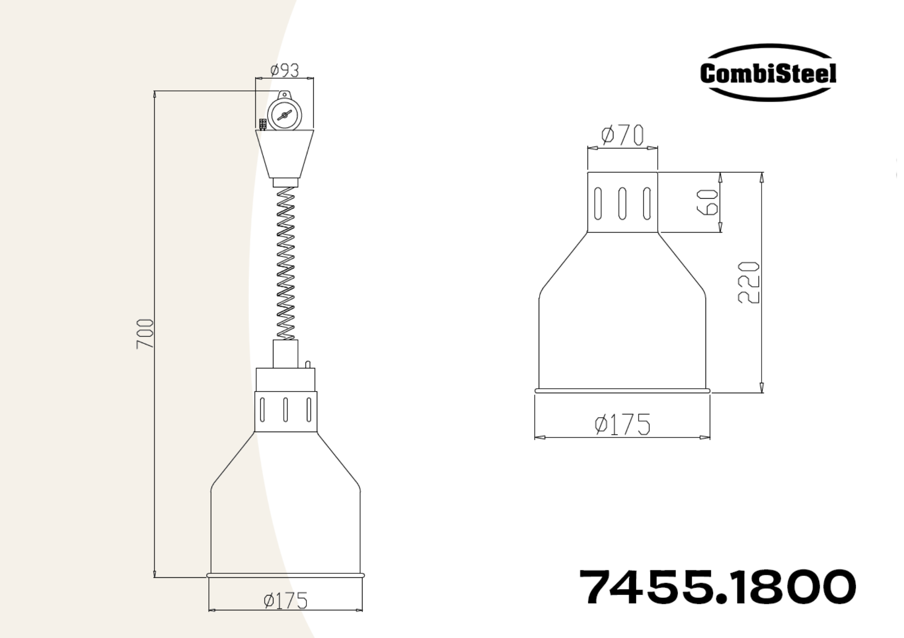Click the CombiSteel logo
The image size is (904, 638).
pyautogui.click(x=768, y=72)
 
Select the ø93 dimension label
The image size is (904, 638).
pyautogui.click(x=284, y=71)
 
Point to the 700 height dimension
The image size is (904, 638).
pyautogui.click(x=145, y=334)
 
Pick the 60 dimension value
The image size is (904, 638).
pyautogui.click(x=708, y=202)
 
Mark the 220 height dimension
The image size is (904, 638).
pyautogui.click(x=749, y=282)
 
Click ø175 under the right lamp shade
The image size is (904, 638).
pyautogui.click(x=622, y=424)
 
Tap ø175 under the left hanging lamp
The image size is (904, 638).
pyautogui.click(x=286, y=601)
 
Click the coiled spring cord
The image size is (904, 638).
pyautogui.click(x=285, y=263)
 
